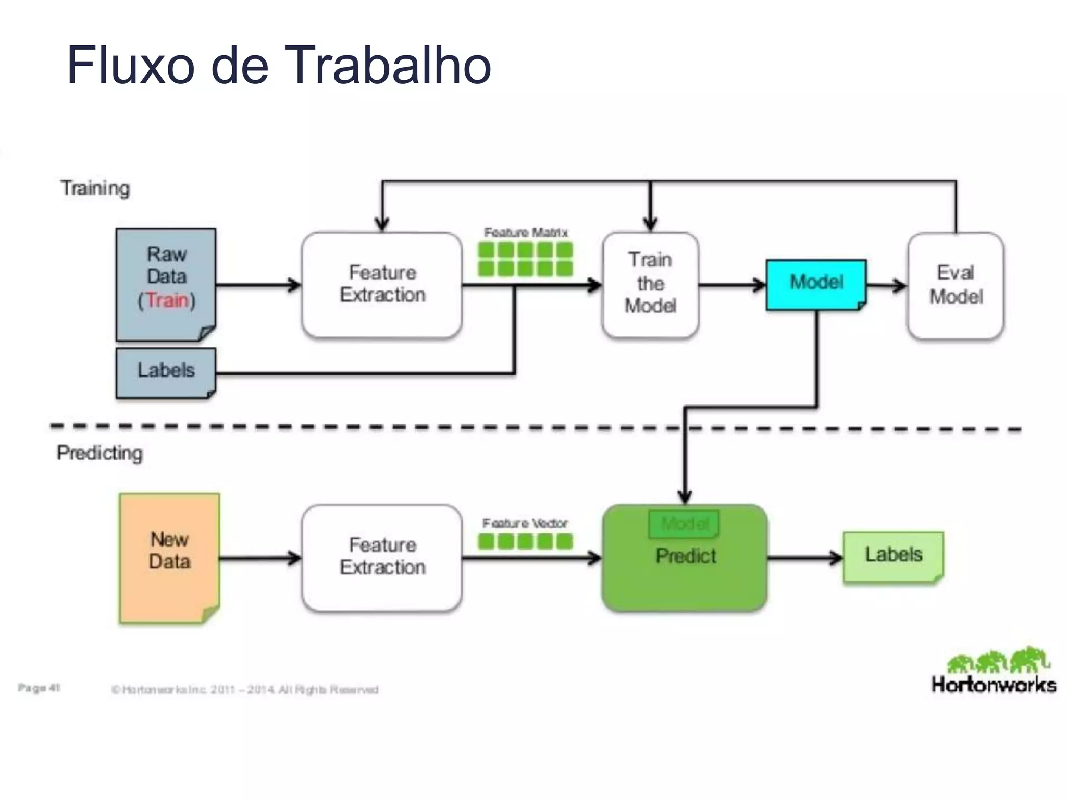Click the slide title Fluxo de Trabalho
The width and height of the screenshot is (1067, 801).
tap(279, 65)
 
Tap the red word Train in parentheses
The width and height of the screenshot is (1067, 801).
tap(167, 300)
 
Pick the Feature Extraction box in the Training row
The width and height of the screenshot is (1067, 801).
tap(382, 285)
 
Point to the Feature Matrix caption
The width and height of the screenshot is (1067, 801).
tap(525, 233)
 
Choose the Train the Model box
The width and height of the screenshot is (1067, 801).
tap(650, 284)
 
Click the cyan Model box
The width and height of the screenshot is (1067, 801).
tap(816, 283)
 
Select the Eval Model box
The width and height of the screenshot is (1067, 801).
tap(956, 285)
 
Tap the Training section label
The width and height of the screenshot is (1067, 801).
tap(95, 188)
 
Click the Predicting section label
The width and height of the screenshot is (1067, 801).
tap(100, 453)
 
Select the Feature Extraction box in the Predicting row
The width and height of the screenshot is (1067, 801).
tap(382, 557)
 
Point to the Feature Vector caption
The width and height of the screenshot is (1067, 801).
tap(525, 523)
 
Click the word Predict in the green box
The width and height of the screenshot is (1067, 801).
tap(686, 556)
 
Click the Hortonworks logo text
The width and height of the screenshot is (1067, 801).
tap(994, 685)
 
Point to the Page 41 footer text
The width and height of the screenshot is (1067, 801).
tap(39, 688)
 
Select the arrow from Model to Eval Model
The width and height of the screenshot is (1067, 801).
tap(887, 285)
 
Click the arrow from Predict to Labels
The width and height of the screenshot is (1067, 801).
tap(805, 558)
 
